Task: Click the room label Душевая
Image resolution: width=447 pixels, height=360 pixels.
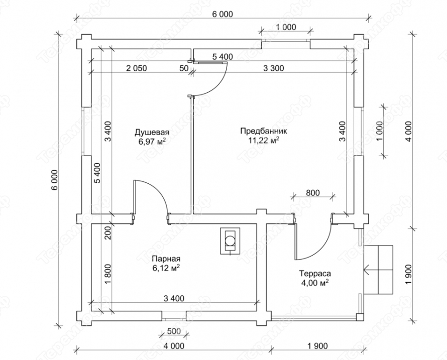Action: (152, 132)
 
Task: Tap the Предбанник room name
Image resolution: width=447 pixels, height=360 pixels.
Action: (264, 131)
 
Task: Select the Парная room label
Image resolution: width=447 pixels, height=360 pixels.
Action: (166, 259)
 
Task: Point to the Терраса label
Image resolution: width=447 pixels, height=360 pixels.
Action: (315, 274)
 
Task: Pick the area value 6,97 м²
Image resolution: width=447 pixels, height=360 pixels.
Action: (152, 142)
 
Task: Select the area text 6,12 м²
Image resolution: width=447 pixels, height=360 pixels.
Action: (166, 268)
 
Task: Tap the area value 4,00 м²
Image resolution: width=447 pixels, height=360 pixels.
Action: (315, 283)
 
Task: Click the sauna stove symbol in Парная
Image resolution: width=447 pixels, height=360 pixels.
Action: (230, 241)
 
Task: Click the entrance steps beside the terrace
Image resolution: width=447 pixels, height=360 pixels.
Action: (378, 270)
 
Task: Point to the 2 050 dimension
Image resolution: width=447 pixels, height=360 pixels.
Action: (137, 68)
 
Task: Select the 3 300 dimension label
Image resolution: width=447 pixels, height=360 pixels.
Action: (273, 68)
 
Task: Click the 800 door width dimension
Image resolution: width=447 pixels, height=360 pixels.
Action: (313, 193)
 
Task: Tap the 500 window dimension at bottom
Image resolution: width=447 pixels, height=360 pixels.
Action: (174, 331)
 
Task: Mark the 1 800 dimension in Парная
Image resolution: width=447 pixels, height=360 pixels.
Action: (108, 274)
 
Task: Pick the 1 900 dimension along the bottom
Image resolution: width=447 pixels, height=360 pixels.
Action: (317, 346)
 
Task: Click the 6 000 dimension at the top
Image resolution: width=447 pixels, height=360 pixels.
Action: (222, 14)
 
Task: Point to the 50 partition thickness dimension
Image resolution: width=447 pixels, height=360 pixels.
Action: (184, 68)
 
